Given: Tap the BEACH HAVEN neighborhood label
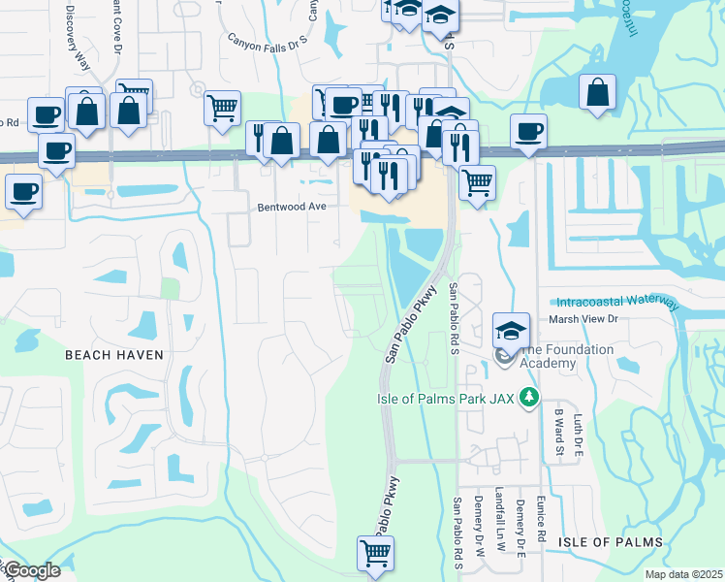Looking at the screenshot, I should [114, 355].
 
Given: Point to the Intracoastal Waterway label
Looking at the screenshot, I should [616, 302].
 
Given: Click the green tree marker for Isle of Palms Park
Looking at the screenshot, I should [528, 397].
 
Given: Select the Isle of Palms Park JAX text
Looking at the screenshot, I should [447, 397].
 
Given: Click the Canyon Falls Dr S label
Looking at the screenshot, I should [267, 41].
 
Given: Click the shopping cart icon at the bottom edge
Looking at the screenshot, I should [375, 554].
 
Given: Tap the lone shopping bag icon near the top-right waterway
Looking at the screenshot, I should [598, 93].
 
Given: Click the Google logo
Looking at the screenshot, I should [31, 570].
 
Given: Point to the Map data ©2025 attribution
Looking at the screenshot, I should [684, 574].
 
